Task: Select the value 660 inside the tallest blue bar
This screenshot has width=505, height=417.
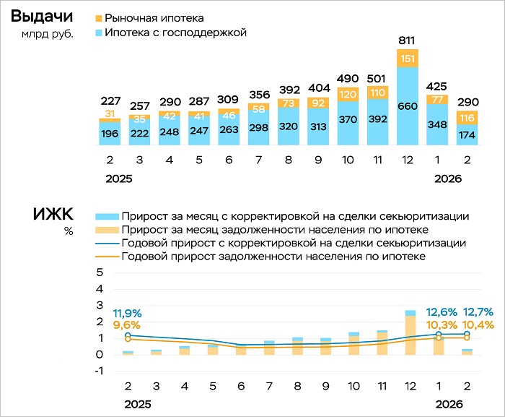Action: tap(408, 107)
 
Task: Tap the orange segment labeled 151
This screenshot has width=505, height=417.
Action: tap(408, 58)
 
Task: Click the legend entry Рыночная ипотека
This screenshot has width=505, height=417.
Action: tap(154, 17)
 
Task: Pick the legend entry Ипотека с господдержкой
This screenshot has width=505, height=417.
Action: tap(175, 33)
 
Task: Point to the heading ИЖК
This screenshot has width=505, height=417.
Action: tap(53, 215)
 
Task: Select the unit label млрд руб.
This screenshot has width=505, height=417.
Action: tap(48, 35)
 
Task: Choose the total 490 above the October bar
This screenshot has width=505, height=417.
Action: tap(348, 78)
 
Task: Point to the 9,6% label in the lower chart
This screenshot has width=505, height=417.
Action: tap(127, 325)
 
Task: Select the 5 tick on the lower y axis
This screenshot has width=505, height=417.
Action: tap(100, 272)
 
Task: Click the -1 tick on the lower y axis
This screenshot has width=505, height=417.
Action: tap(98, 371)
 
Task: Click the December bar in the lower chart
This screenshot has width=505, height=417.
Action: tap(410, 333)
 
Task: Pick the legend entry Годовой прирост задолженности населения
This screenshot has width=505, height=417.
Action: tap(273, 257)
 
